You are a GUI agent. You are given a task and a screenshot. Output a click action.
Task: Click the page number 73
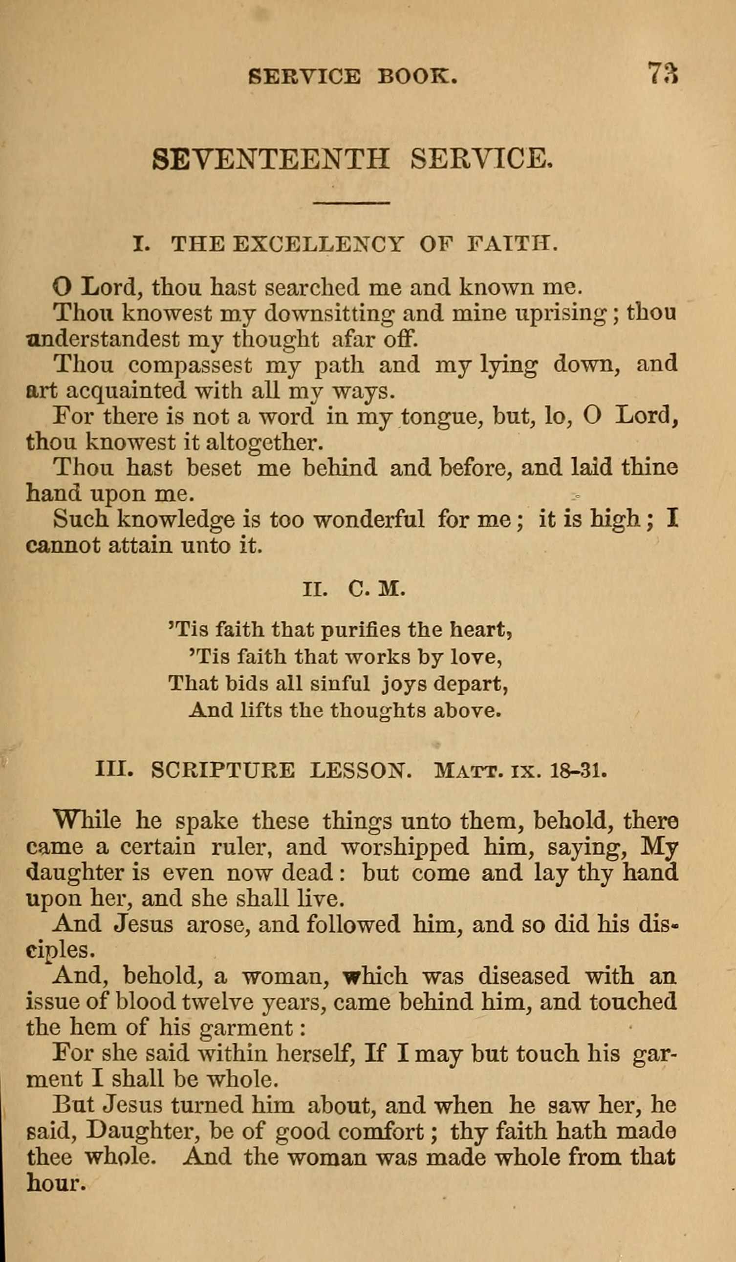[663, 74]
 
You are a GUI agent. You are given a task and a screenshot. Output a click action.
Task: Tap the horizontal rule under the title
[351, 203]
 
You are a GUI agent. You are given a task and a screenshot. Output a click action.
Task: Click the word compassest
[190, 364]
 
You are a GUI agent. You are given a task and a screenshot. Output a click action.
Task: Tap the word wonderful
[369, 519]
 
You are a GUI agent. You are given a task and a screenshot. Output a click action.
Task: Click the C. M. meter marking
[376, 590]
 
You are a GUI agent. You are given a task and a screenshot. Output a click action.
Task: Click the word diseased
[523, 976]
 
